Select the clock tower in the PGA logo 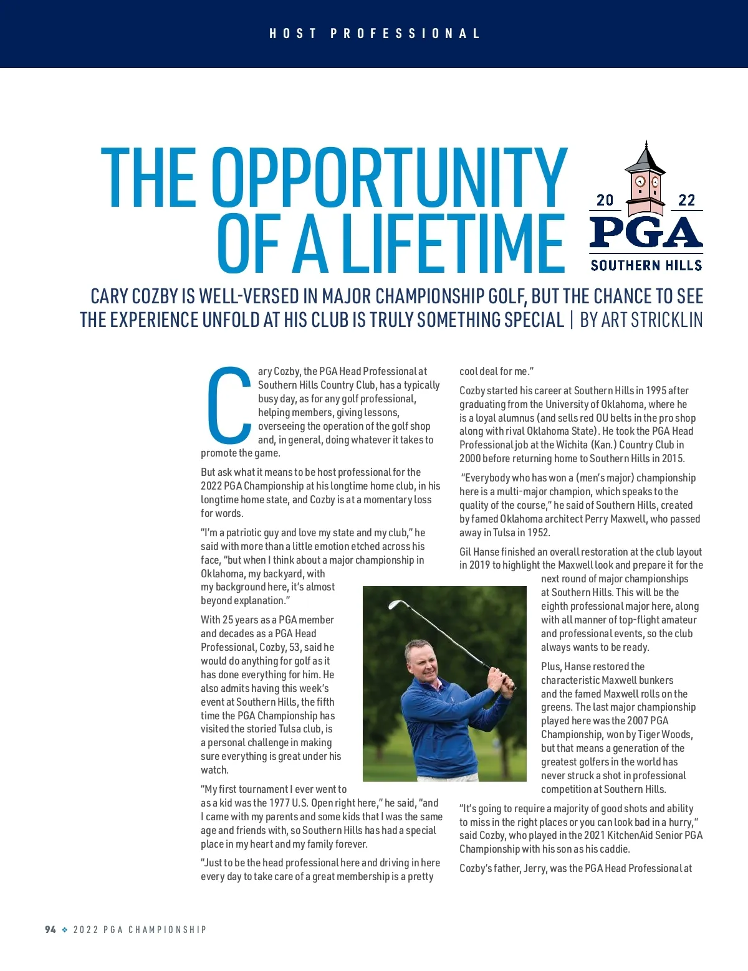click(x=646, y=180)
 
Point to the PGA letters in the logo click(x=646, y=232)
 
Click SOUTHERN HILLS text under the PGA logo click(x=646, y=265)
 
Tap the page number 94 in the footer click(x=50, y=929)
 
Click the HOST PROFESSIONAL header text click(x=374, y=34)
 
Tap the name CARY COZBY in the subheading click(x=134, y=296)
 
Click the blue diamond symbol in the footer click(x=65, y=929)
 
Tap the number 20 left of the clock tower click(x=605, y=200)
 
